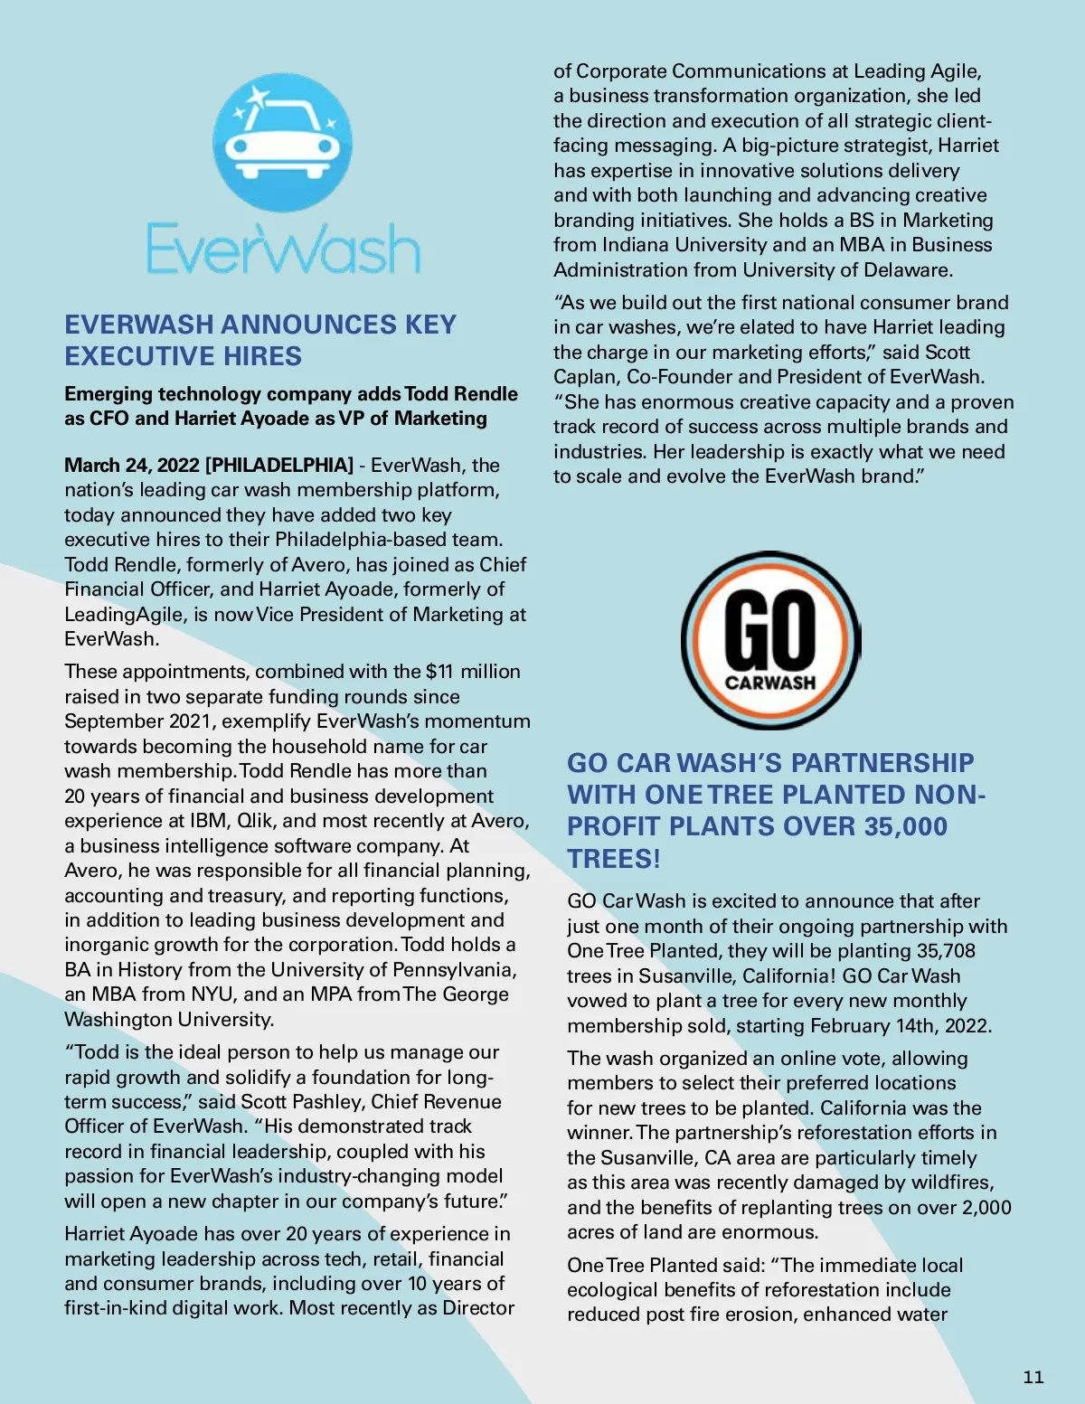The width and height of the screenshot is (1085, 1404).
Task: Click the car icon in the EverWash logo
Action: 282,145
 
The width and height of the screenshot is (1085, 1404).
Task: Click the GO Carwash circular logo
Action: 770,640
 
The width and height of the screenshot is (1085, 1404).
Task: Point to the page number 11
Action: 1033,1377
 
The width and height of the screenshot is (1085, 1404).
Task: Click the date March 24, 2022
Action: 132,465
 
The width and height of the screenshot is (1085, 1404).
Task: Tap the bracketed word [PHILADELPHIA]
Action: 279,465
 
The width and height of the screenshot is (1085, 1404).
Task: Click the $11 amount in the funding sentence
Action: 439,672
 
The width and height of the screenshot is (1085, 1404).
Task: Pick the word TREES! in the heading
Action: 614,859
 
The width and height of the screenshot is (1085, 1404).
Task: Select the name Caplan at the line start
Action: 585,377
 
